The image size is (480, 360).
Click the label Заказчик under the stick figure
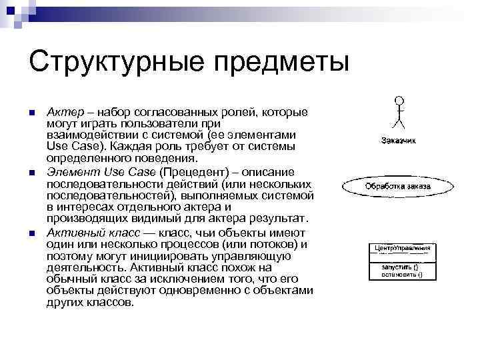[399, 140]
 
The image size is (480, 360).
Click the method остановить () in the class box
[401, 274]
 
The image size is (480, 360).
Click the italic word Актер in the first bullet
[64, 111]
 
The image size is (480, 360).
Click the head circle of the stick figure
[399, 101]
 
